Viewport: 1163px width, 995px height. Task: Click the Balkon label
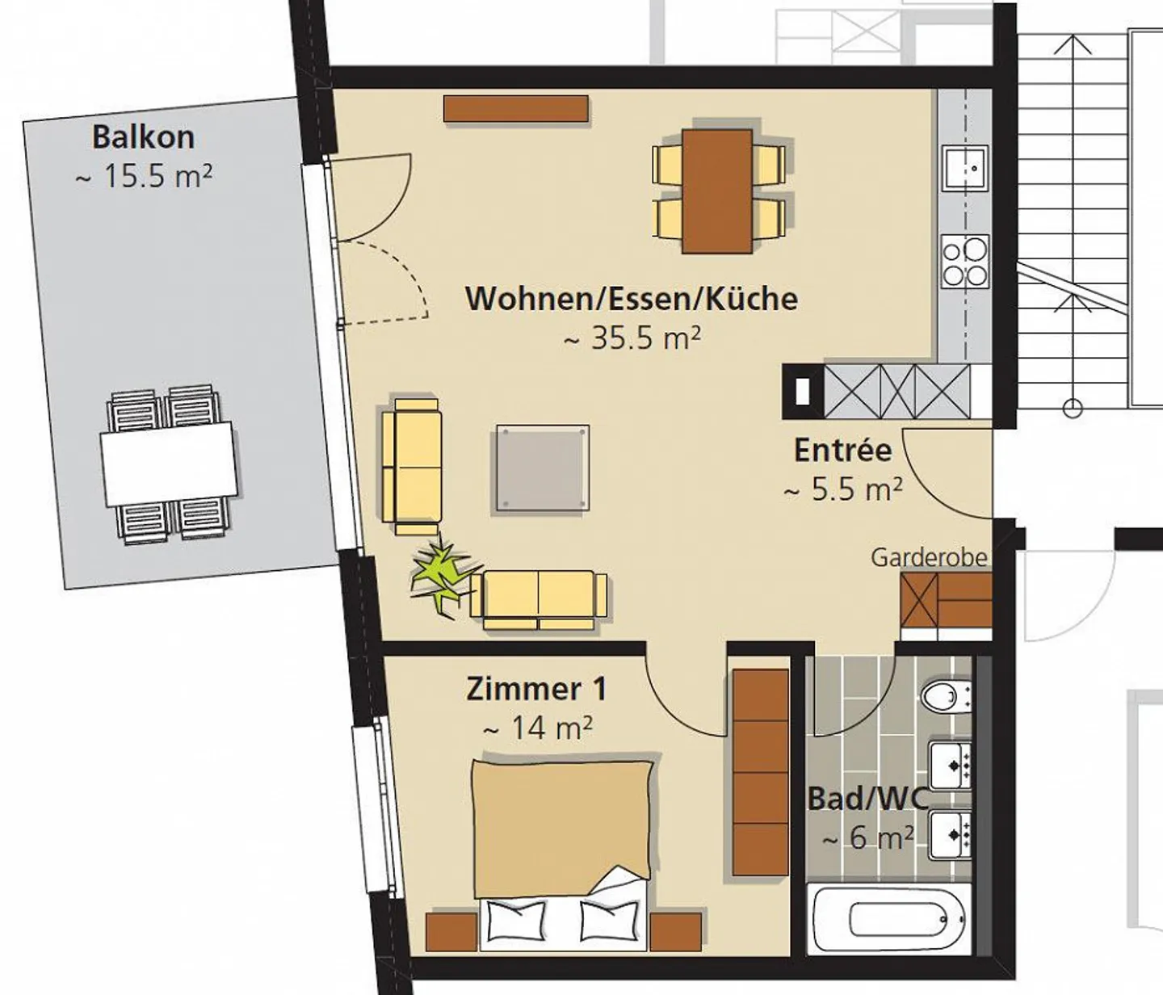point(143,136)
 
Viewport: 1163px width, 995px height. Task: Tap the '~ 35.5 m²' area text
point(632,338)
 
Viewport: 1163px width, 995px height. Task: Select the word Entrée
point(842,450)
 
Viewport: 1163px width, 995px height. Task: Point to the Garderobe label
point(929,557)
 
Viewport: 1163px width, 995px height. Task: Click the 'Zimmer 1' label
point(536,689)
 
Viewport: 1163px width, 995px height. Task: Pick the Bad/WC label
point(868,799)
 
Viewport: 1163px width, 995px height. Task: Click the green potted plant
point(440,574)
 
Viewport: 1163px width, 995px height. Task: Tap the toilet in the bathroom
point(942,695)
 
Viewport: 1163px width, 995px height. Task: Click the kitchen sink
point(966,169)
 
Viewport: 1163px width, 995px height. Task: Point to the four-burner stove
point(965,262)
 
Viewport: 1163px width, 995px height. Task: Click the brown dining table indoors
point(717,191)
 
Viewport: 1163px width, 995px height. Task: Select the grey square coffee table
point(542,468)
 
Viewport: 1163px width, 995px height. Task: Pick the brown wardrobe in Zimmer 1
point(760,770)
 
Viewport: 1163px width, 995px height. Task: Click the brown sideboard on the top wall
point(515,109)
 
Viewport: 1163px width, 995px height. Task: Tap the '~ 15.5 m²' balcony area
point(144,176)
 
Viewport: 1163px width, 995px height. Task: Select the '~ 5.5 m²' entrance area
point(843,489)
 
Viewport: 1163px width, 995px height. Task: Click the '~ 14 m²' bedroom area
point(537,728)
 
